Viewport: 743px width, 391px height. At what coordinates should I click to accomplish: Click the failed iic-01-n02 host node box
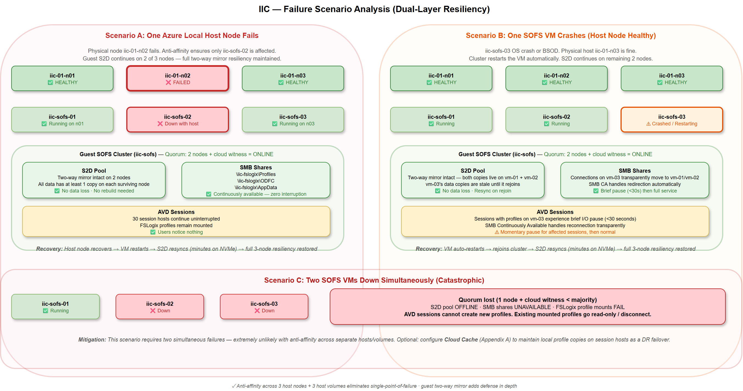point(177,78)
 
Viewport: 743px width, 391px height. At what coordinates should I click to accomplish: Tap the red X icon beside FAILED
point(168,82)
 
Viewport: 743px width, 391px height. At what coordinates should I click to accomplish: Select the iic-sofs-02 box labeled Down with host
point(177,120)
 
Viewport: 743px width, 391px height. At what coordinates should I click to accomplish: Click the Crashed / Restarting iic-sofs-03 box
point(671,120)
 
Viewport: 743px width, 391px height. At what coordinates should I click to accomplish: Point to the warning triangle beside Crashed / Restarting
point(648,124)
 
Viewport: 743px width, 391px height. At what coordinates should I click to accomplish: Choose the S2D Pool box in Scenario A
point(94,180)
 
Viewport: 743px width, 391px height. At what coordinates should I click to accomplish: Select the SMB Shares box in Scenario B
point(634,180)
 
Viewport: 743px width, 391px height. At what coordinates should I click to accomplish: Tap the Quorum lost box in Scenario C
point(527,306)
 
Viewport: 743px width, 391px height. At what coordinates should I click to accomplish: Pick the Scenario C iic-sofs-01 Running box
point(55,306)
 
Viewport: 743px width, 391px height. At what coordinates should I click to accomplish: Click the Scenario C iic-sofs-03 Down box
point(264,306)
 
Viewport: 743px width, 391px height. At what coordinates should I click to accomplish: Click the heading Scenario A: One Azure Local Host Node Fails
point(182,35)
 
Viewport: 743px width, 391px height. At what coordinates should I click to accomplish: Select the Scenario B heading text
point(560,35)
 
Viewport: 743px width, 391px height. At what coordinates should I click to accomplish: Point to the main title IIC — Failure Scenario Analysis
point(374,9)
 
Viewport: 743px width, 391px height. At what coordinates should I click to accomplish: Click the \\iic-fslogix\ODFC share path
point(256,181)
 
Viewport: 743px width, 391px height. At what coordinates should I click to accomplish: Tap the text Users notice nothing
point(180,232)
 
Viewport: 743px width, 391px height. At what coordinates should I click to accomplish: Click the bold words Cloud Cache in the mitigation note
point(461,340)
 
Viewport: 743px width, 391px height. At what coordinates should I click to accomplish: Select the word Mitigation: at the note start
point(92,340)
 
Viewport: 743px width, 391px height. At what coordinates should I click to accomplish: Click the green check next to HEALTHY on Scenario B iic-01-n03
point(660,82)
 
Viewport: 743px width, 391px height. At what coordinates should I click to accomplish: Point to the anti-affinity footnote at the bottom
point(374,386)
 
